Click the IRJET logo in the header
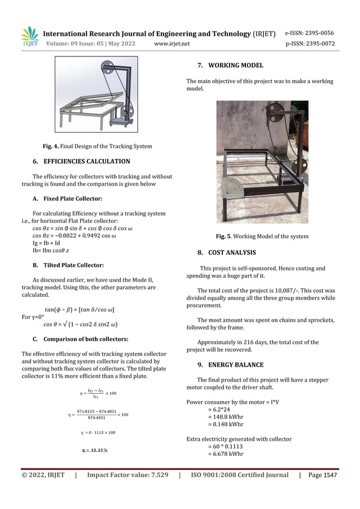click(x=29, y=37)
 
